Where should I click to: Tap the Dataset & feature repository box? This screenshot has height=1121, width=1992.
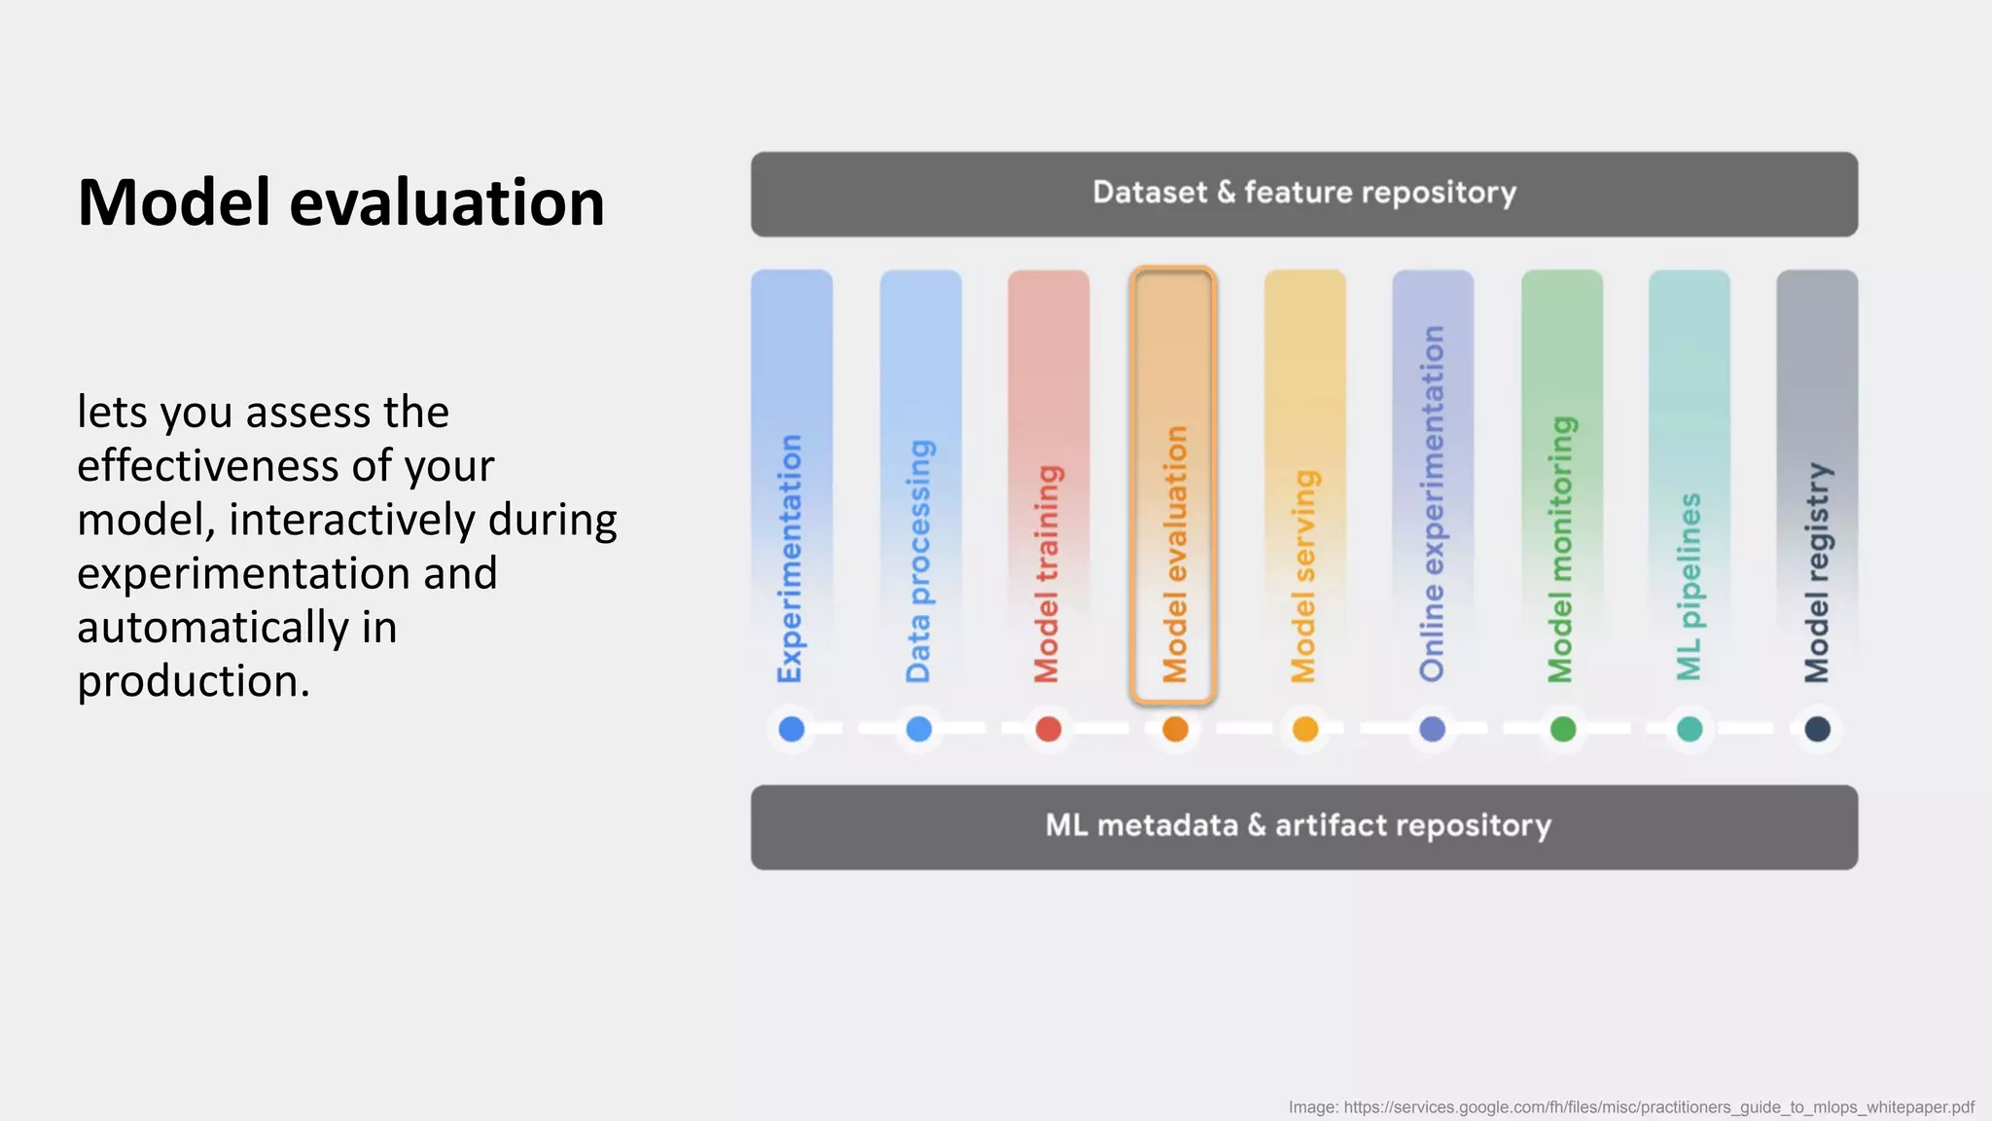[x=1303, y=194]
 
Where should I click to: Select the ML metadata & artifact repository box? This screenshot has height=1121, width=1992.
[x=1303, y=826]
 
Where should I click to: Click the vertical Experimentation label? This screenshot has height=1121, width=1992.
[x=790, y=559]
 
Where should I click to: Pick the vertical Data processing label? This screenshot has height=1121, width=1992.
[x=919, y=560]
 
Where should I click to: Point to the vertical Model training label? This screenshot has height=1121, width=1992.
[x=1048, y=574]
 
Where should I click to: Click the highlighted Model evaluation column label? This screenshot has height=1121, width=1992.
[x=1175, y=555]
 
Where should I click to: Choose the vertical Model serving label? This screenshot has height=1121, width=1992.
[x=1304, y=576]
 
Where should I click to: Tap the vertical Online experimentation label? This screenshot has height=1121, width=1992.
[x=1432, y=504]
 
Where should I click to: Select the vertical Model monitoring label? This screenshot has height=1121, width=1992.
[x=1561, y=550]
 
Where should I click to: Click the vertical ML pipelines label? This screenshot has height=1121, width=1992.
[x=1690, y=587]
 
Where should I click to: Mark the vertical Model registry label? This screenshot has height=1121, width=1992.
[x=1817, y=573]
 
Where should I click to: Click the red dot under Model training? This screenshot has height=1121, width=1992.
[x=1048, y=729]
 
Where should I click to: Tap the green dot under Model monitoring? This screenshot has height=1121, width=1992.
[x=1562, y=729]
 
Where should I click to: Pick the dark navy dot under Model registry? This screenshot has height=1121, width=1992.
[x=1817, y=729]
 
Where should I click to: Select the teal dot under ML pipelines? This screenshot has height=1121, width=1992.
[x=1690, y=729]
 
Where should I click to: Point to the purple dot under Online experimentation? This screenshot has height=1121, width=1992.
[x=1432, y=729]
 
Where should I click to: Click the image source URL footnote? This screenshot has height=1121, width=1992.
[x=1631, y=1107]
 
